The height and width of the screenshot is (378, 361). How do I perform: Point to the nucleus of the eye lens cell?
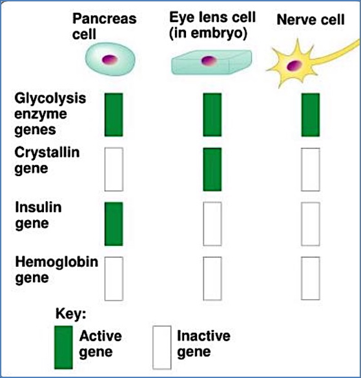[207, 61]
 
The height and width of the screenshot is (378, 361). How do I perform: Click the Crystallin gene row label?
[40, 162]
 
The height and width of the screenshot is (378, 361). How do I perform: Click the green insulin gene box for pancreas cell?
[114, 223]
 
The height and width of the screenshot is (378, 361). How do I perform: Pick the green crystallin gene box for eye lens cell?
[212, 169]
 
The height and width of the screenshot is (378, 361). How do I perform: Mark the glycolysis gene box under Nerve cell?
[311, 115]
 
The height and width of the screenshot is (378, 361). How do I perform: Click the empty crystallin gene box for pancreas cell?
[114, 169]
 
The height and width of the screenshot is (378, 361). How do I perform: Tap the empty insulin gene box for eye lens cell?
[212, 223]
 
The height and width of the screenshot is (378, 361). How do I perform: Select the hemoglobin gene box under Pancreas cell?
[114, 278]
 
